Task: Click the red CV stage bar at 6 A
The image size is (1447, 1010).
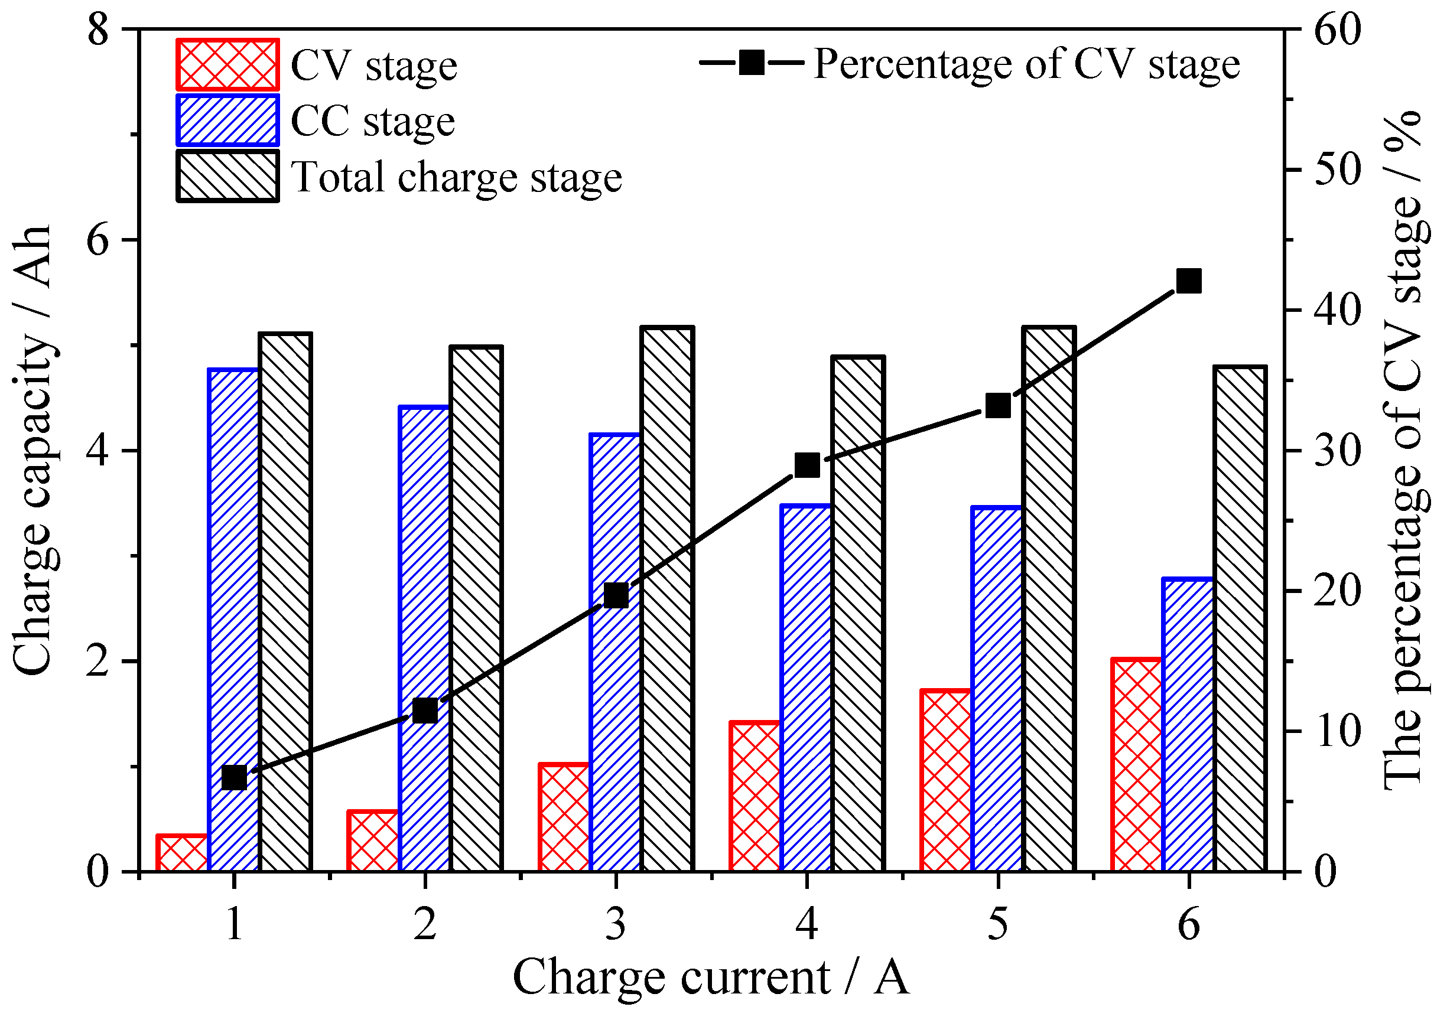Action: coord(1136,765)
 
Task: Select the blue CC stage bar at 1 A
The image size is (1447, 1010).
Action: coord(234,621)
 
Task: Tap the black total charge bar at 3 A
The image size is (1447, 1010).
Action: coord(668,599)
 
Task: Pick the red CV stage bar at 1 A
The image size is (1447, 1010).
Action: coord(181,853)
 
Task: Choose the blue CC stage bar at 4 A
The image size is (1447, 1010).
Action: coord(806,689)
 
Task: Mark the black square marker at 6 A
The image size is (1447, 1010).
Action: coord(1189,281)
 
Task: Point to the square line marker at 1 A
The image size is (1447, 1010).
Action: coord(235,778)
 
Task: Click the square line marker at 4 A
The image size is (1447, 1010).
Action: coord(807,465)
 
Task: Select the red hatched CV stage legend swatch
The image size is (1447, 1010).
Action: coord(227,65)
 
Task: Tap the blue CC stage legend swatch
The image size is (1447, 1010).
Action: coord(227,120)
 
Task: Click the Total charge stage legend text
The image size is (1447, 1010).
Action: coord(456,177)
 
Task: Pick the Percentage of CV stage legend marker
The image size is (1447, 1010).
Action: coord(752,63)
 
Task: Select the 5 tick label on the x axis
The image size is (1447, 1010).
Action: coord(997,925)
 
